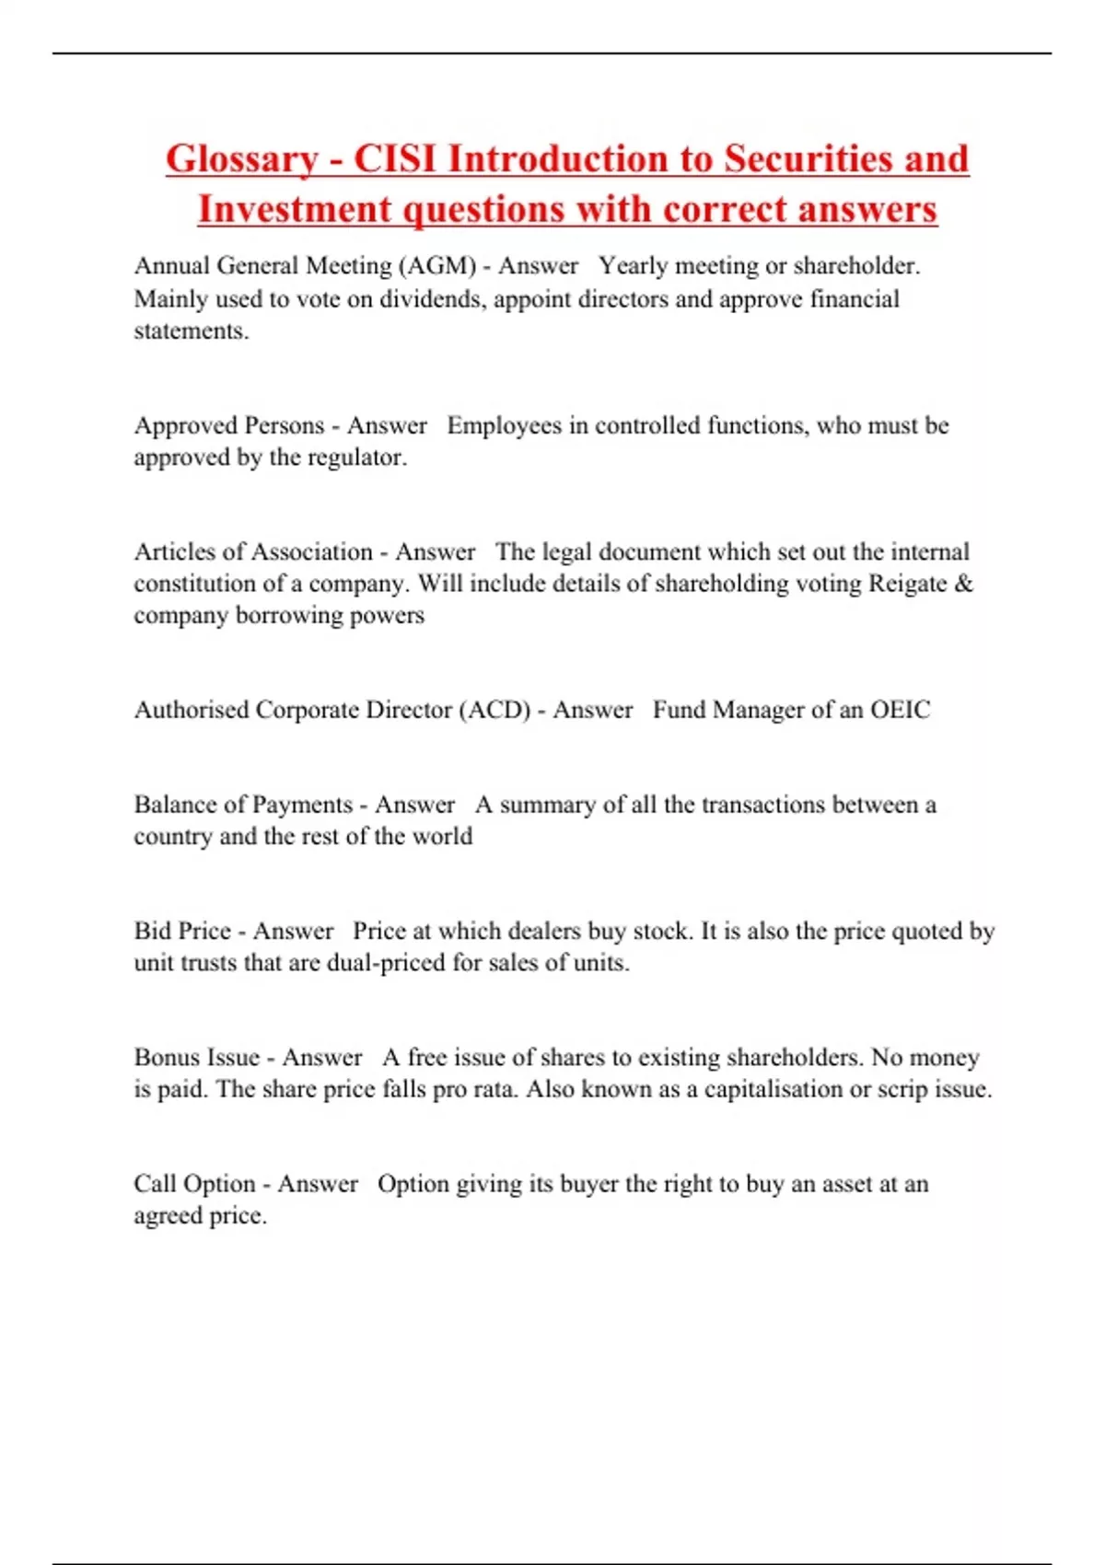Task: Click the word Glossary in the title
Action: point(241,160)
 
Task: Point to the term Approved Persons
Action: point(229,425)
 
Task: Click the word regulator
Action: point(355,458)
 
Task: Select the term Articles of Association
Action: point(253,551)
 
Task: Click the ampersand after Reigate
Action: point(964,584)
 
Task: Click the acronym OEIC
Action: point(900,710)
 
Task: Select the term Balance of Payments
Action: point(243,805)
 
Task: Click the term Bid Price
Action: point(182,931)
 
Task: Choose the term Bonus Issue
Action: point(196,1057)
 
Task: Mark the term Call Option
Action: point(194,1184)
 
